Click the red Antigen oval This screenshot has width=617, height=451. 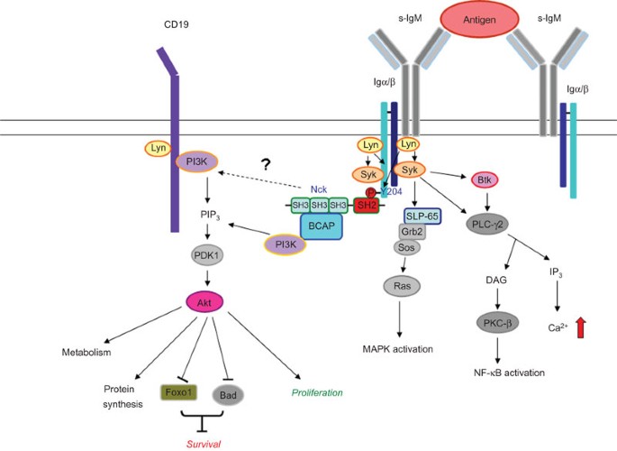[x=479, y=19]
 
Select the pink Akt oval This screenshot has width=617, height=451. [x=204, y=302]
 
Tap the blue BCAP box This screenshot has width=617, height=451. [x=322, y=226]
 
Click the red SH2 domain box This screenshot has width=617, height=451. [x=367, y=206]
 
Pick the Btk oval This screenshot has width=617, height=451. [x=485, y=180]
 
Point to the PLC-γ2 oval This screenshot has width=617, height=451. [x=487, y=225]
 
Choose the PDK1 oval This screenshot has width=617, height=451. [x=207, y=255]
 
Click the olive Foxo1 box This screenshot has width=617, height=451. [x=178, y=392]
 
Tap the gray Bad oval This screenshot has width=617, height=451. [x=228, y=395]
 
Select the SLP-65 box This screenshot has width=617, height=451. [x=422, y=216]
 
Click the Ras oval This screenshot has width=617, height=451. [x=402, y=286]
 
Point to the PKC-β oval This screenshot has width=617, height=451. [x=497, y=324]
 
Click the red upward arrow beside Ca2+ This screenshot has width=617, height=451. [x=580, y=327]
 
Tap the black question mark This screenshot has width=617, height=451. [x=266, y=164]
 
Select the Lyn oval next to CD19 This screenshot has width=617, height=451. [x=159, y=148]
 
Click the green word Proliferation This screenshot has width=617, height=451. [x=317, y=392]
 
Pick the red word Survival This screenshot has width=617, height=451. [x=204, y=445]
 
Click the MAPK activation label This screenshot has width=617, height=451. [x=397, y=349]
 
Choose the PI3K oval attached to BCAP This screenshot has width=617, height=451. [x=286, y=244]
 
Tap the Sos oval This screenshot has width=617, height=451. [x=406, y=247]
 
